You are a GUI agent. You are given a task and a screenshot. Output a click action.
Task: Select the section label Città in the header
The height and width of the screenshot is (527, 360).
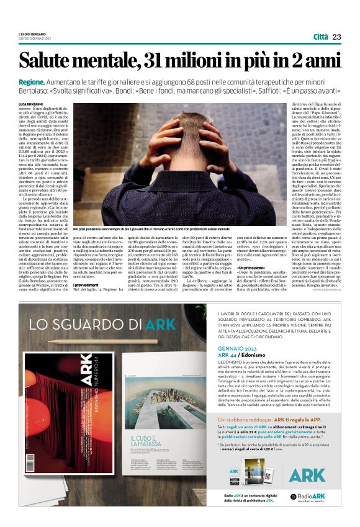point(320,37)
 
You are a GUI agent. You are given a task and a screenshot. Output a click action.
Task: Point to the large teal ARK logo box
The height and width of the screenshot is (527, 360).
point(307,474)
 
